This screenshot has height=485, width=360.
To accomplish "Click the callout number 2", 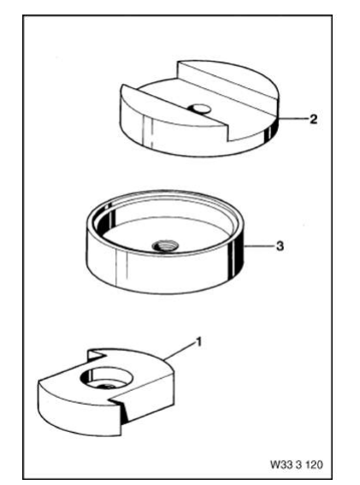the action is tap(313, 119).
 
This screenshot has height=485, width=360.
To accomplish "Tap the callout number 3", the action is tap(280, 246).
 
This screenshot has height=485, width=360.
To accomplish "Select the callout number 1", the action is tap(198, 342).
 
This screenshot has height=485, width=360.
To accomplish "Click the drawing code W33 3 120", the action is tap(296, 464).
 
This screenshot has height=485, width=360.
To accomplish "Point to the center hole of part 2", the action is tap(199, 109).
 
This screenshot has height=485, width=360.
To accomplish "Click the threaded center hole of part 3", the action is tap(166, 245).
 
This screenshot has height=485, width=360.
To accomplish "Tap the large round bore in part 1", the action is tap(107, 379).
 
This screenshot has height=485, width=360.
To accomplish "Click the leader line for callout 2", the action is tap(293, 118).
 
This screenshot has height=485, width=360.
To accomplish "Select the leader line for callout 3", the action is tap(260, 246).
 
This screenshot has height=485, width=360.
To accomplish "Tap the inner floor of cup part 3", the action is tap(167, 235).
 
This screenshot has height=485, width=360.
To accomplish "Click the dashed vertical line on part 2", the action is tap(151, 132).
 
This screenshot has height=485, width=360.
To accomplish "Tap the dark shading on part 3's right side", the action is tap(236, 257).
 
